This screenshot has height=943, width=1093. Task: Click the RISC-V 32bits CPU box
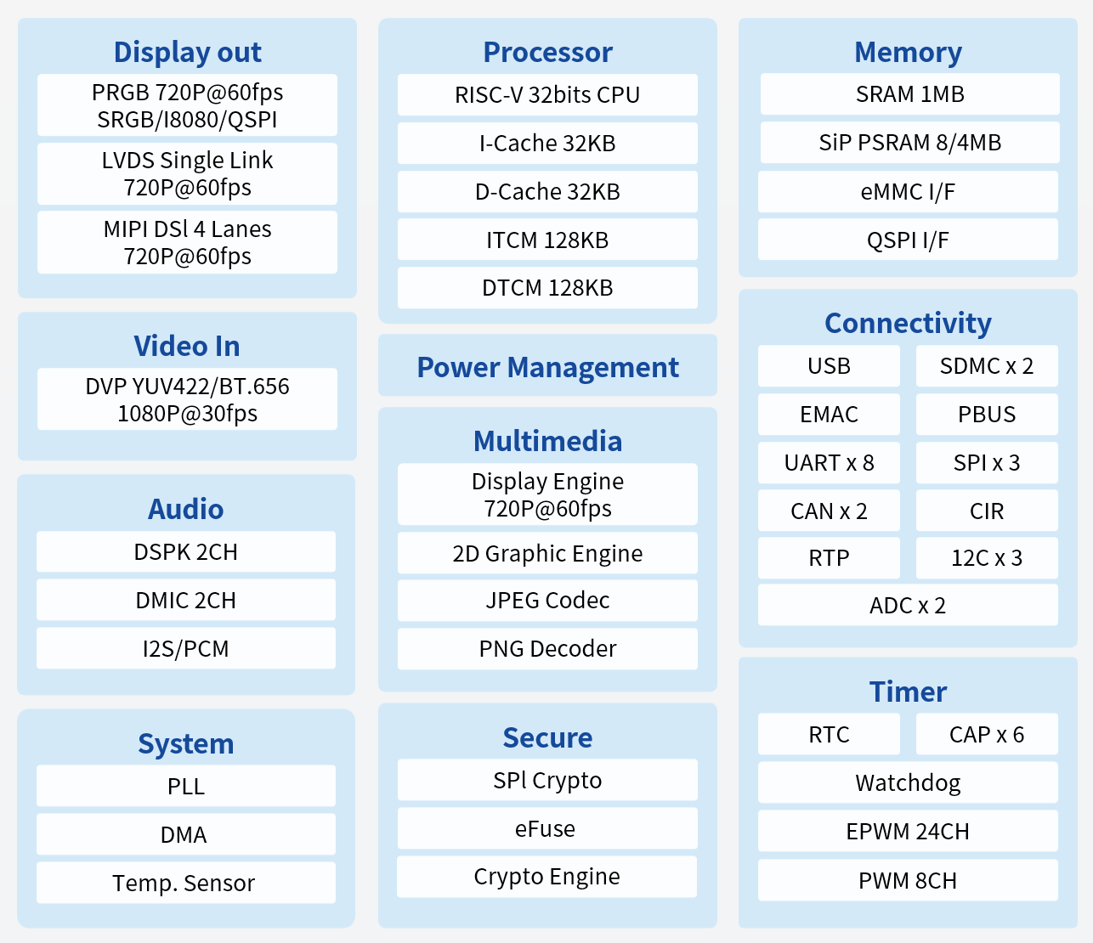tap(547, 95)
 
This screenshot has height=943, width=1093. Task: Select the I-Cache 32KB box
tap(547, 144)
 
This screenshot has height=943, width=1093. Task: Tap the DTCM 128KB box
tap(547, 288)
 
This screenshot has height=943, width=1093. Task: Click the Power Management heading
tap(547, 367)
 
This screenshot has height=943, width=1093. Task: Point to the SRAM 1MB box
tap(909, 94)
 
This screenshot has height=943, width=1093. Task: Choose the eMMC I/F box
tap(908, 192)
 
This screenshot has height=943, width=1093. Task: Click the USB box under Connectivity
tap(829, 366)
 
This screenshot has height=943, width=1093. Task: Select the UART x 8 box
tap(829, 463)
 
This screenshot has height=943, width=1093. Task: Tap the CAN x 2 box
tap(829, 511)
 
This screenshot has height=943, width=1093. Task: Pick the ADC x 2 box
tap(908, 606)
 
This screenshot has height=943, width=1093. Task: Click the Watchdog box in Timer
tap(908, 782)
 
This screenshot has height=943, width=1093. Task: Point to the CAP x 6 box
tap(987, 735)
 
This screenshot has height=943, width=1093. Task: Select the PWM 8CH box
tap(908, 881)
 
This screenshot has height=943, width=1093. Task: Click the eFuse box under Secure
tap(547, 828)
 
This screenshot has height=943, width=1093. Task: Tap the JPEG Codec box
tap(547, 601)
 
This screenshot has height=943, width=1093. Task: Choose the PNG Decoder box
tap(547, 649)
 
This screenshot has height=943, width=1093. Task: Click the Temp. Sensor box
tap(185, 884)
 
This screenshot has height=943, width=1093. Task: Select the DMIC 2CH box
tap(185, 601)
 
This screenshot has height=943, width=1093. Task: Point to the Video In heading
tap(187, 347)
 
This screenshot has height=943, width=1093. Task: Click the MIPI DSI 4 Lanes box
tap(187, 243)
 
